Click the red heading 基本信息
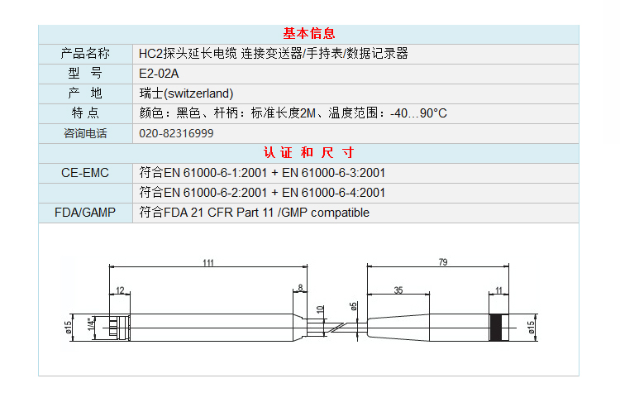[309, 34]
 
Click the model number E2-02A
[159, 74]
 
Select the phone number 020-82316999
[176, 133]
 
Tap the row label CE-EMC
[85, 173]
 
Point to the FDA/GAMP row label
[85, 213]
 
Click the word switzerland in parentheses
[199, 93]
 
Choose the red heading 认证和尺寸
[309, 153]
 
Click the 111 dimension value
[208, 263]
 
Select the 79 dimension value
[443, 262]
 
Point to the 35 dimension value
[398, 290]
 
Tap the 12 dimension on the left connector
[120, 290]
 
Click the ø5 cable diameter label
[354, 306]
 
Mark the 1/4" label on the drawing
[92, 323]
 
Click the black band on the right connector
[495, 328]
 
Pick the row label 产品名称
[85, 54]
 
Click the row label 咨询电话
[85, 133]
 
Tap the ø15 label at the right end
[531, 328]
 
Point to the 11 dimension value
[498, 290]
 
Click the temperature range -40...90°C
[418, 113]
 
